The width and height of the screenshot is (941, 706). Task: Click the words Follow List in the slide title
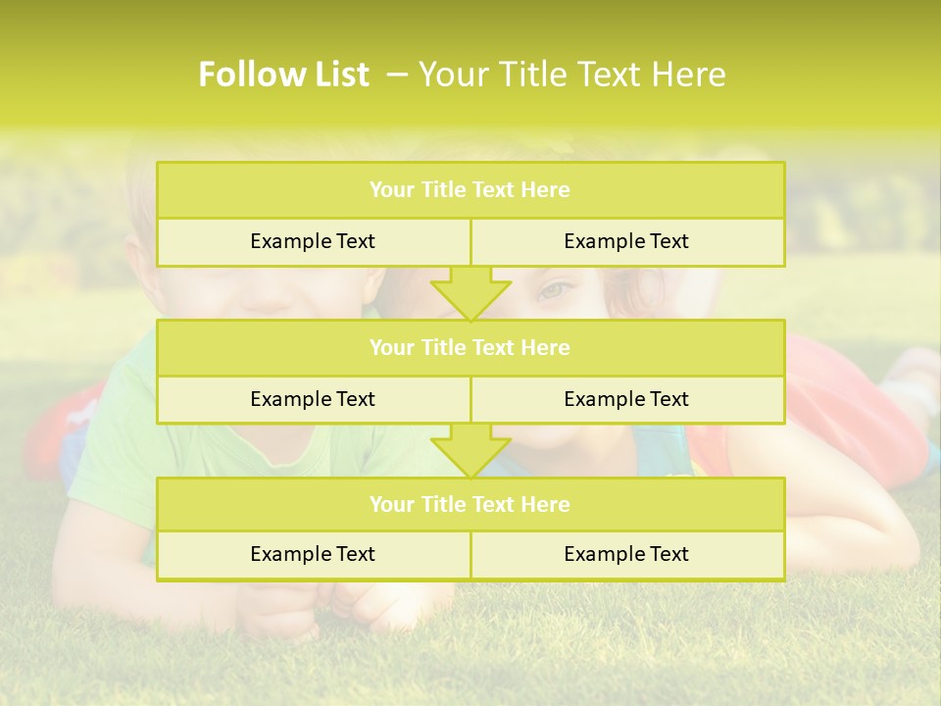pyautogui.click(x=283, y=75)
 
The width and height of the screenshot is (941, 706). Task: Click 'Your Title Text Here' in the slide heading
pyautogui.click(x=571, y=75)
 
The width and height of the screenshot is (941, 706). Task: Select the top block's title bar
pyautogui.click(x=470, y=190)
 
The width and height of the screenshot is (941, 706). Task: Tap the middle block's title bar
pyautogui.click(x=470, y=348)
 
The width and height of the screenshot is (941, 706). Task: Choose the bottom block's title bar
pyautogui.click(x=470, y=505)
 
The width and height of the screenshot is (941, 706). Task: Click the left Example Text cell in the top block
pyautogui.click(x=313, y=242)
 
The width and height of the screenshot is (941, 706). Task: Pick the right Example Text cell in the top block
pyautogui.click(x=626, y=242)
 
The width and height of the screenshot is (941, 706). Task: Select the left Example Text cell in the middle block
pyautogui.click(x=313, y=399)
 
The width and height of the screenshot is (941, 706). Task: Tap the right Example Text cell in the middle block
pyautogui.click(x=626, y=399)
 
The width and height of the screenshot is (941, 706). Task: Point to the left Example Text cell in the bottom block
pyautogui.click(x=313, y=555)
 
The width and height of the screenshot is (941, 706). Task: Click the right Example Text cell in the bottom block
pyautogui.click(x=626, y=555)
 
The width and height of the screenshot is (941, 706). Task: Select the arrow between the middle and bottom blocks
pyautogui.click(x=470, y=449)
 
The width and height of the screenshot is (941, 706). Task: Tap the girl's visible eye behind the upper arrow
pyautogui.click(x=554, y=290)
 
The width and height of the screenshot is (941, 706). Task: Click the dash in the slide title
pyautogui.click(x=397, y=75)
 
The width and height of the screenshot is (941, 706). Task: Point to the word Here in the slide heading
pyautogui.click(x=689, y=75)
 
